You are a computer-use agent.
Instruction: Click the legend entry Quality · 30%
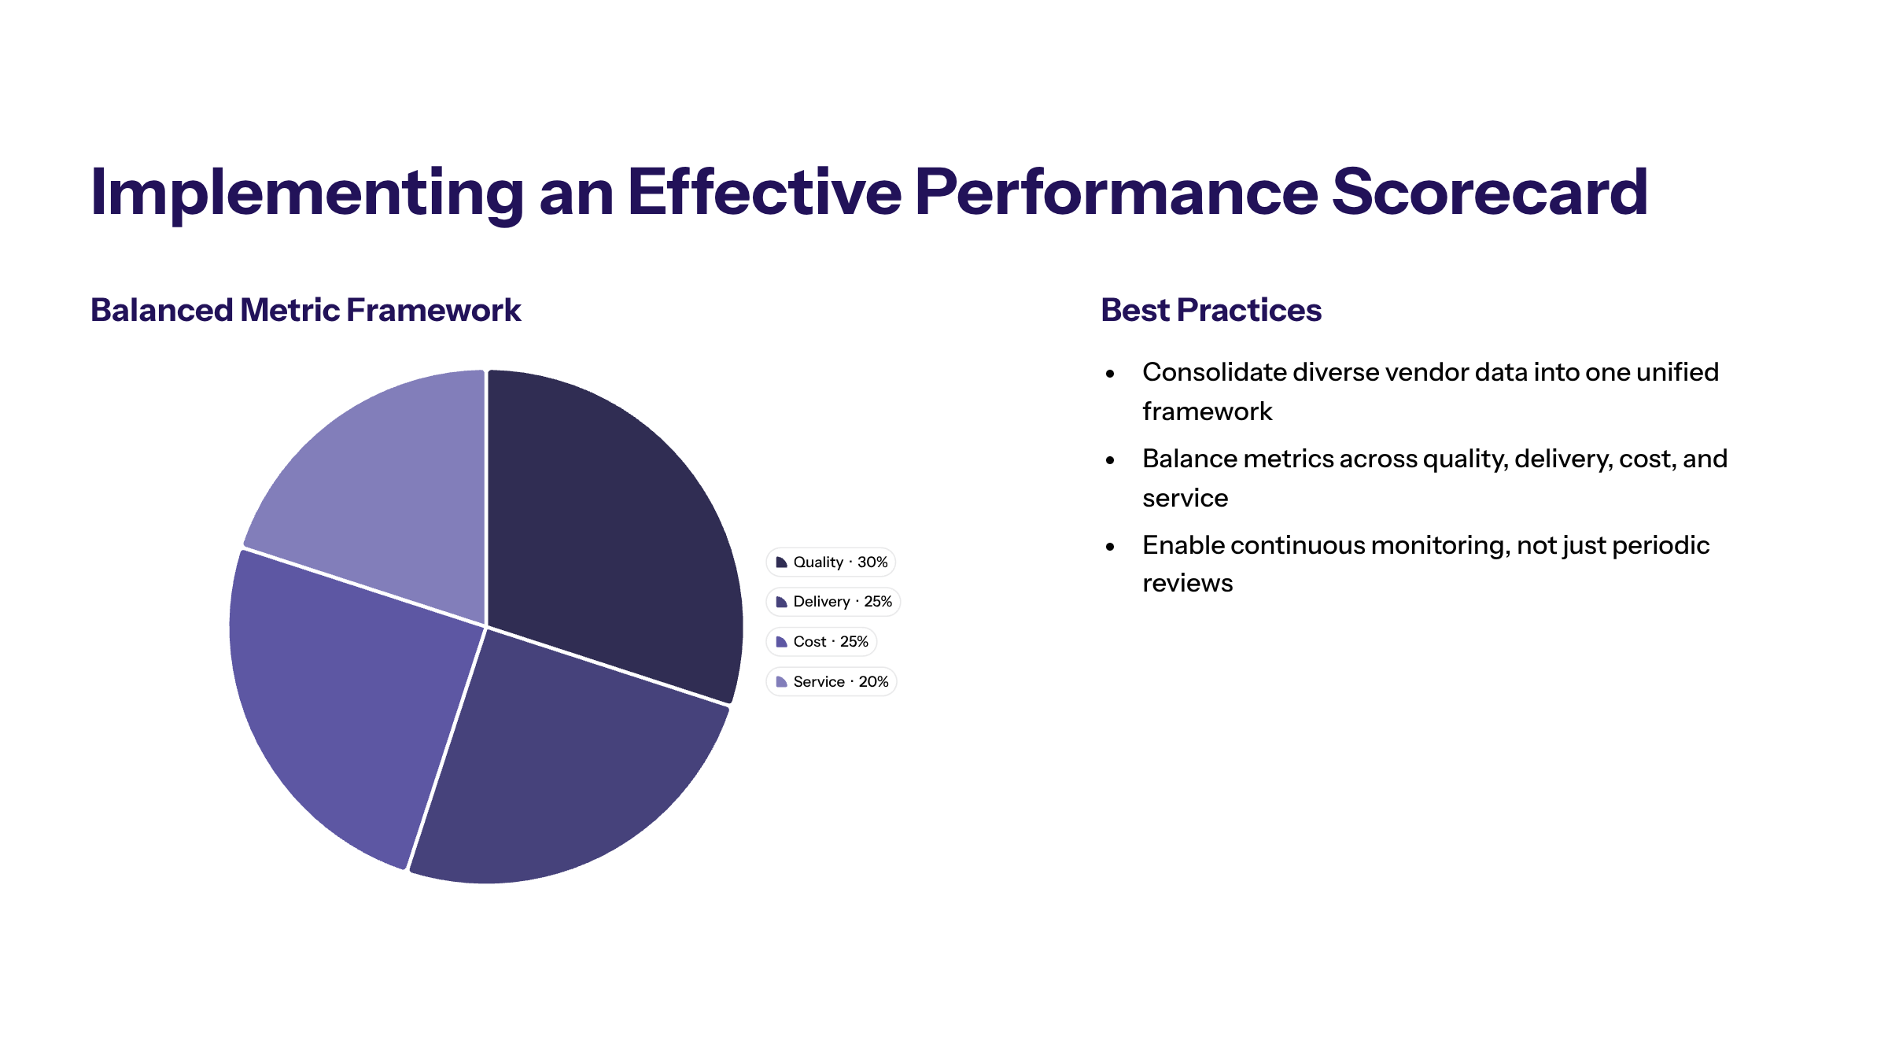(x=832, y=562)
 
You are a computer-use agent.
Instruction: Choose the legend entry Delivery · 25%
(x=834, y=602)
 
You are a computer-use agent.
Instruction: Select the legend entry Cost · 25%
(x=822, y=642)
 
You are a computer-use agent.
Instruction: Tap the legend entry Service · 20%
(x=832, y=682)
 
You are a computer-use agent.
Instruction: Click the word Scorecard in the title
(x=1489, y=192)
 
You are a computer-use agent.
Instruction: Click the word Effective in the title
(x=764, y=192)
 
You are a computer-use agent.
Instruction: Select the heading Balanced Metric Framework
(x=305, y=310)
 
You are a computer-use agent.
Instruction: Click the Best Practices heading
(x=1211, y=310)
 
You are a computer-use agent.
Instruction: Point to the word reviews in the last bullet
(x=1187, y=584)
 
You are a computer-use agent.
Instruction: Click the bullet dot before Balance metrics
(x=1110, y=460)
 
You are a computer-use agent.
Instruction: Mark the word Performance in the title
(x=1115, y=192)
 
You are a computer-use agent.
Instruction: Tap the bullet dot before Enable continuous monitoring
(x=1110, y=547)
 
